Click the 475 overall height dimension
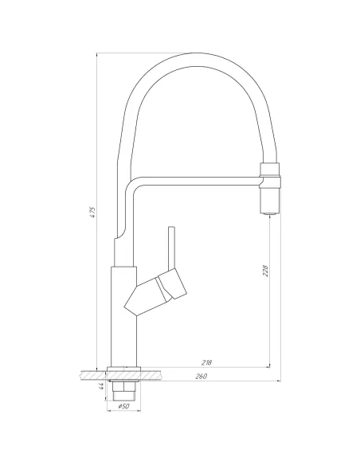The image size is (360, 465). coord(93,213)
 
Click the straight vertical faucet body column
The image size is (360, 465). coord(123,318)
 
